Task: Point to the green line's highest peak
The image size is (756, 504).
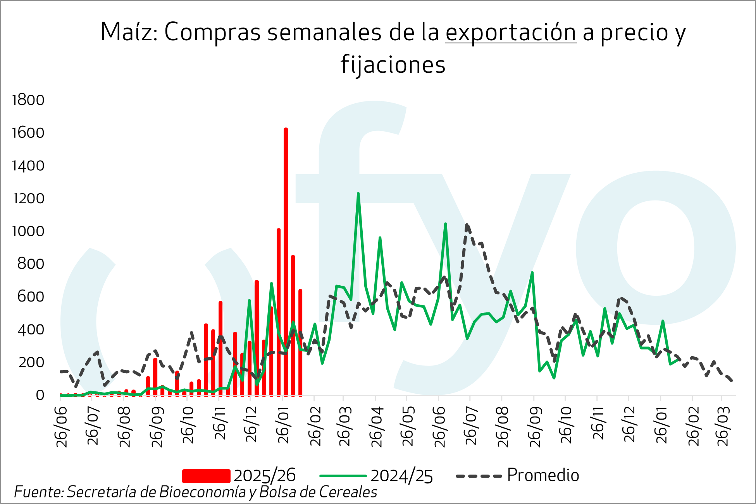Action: pos(358,194)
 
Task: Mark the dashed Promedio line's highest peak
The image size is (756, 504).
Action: pos(467,225)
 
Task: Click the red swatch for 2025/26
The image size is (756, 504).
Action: pos(206,476)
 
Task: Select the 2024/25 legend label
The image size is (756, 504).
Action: pos(401,476)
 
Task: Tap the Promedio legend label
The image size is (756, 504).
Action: pos(543,475)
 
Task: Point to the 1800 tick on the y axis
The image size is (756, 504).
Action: pos(28,100)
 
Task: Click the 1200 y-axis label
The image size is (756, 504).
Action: pos(28,199)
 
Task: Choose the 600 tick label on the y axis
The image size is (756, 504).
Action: pos(31,297)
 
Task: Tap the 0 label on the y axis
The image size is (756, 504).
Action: pos(40,395)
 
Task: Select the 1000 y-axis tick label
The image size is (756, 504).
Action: pos(28,231)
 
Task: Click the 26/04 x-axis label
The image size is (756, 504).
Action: pos(377,427)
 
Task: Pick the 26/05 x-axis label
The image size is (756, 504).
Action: pos(408,427)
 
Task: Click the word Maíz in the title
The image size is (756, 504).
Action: pos(126,32)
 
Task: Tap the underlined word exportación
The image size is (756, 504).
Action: pos(511,33)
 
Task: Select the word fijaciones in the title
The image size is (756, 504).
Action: pos(393,65)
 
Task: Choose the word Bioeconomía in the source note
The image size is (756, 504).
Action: pos(202,492)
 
